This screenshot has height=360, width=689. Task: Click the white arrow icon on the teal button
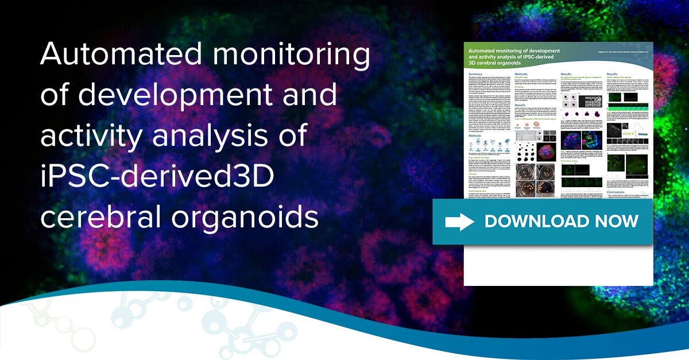[x=459, y=222]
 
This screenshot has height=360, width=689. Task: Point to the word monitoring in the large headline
[x=295, y=56]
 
